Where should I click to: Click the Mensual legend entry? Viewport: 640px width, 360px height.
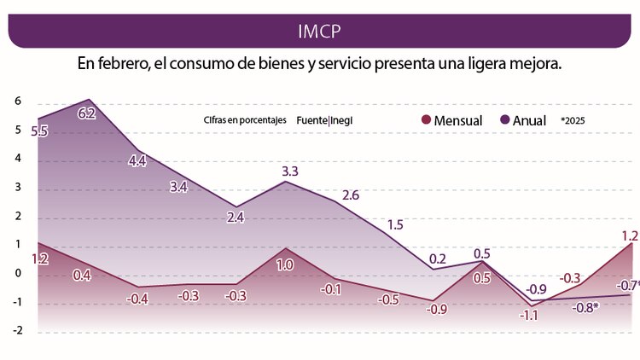pos(451,120)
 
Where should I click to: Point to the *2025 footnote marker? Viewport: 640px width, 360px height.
pos(573,120)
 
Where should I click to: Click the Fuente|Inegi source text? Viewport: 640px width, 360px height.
pos(324,120)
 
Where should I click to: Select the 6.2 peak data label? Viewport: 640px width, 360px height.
pos(86,113)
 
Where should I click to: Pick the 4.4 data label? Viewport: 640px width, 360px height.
pos(137,160)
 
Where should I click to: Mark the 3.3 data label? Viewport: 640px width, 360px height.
pos(290,171)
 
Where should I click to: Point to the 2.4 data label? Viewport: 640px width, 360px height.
pos(236,218)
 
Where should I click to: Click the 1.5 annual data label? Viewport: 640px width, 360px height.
pos(395,225)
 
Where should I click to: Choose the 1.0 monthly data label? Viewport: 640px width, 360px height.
pos(285,265)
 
